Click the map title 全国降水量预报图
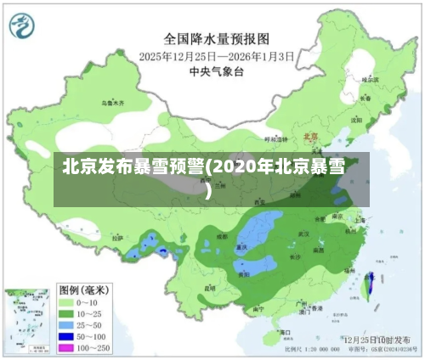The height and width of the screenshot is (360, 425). pos(216,39)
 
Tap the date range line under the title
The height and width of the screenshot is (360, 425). pos(216,56)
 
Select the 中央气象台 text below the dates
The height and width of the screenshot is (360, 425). pos(216,70)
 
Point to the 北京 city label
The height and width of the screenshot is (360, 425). pos(311,135)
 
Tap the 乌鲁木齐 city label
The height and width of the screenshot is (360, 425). pos(112,102)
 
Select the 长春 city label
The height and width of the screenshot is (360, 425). pos(365,98)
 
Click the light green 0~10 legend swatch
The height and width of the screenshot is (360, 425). pos(69,301)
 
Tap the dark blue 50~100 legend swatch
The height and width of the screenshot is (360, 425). pos(69,337)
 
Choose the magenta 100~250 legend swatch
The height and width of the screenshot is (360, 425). pos(69,349)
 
